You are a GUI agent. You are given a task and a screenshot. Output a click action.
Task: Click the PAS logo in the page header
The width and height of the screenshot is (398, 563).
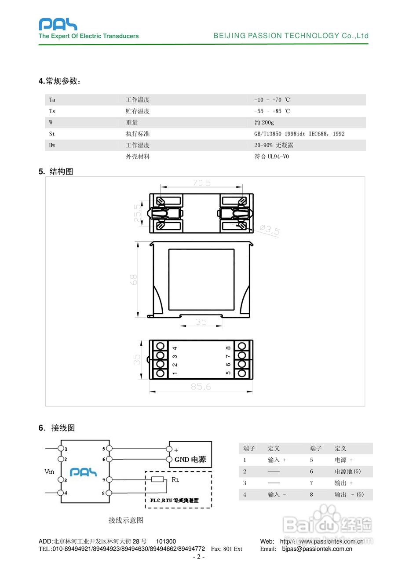[x=58, y=24]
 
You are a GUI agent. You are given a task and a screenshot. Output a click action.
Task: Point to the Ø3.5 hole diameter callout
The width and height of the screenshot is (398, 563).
[x=269, y=230]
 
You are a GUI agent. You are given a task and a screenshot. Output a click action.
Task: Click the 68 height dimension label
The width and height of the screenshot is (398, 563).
[x=134, y=279]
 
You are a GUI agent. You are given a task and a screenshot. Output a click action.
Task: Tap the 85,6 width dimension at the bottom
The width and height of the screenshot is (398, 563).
[x=201, y=387]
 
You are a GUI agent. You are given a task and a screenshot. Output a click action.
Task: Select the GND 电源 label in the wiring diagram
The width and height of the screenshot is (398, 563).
[x=190, y=460]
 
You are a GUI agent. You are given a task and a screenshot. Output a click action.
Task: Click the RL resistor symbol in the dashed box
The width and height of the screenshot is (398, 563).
[x=157, y=479]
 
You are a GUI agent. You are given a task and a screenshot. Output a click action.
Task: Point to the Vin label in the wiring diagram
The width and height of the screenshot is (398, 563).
[x=50, y=472]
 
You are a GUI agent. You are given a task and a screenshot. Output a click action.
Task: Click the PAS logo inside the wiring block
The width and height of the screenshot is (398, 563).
[x=84, y=472]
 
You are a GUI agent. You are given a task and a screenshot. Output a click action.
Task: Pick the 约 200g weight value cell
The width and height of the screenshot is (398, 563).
[x=264, y=123]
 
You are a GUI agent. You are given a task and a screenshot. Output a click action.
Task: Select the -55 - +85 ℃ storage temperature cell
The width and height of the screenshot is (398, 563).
[x=272, y=111]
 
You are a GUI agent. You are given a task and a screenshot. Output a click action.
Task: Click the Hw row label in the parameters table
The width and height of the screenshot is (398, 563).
[x=52, y=145]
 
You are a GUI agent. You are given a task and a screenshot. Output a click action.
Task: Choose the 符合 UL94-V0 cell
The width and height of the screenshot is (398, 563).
[x=271, y=157]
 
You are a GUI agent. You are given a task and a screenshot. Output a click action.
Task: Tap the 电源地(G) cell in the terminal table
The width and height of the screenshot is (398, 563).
[x=347, y=472]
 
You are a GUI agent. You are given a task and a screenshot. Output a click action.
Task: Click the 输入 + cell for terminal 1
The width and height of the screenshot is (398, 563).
[x=277, y=460]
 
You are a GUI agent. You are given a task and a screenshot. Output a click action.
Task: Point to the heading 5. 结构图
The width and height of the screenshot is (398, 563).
[x=56, y=172]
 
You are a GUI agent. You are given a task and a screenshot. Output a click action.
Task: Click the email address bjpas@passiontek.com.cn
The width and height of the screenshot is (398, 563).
[x=317, y=549]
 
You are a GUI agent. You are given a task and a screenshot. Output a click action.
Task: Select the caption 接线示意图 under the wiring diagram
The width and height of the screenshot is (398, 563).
[x=126, y=520]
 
